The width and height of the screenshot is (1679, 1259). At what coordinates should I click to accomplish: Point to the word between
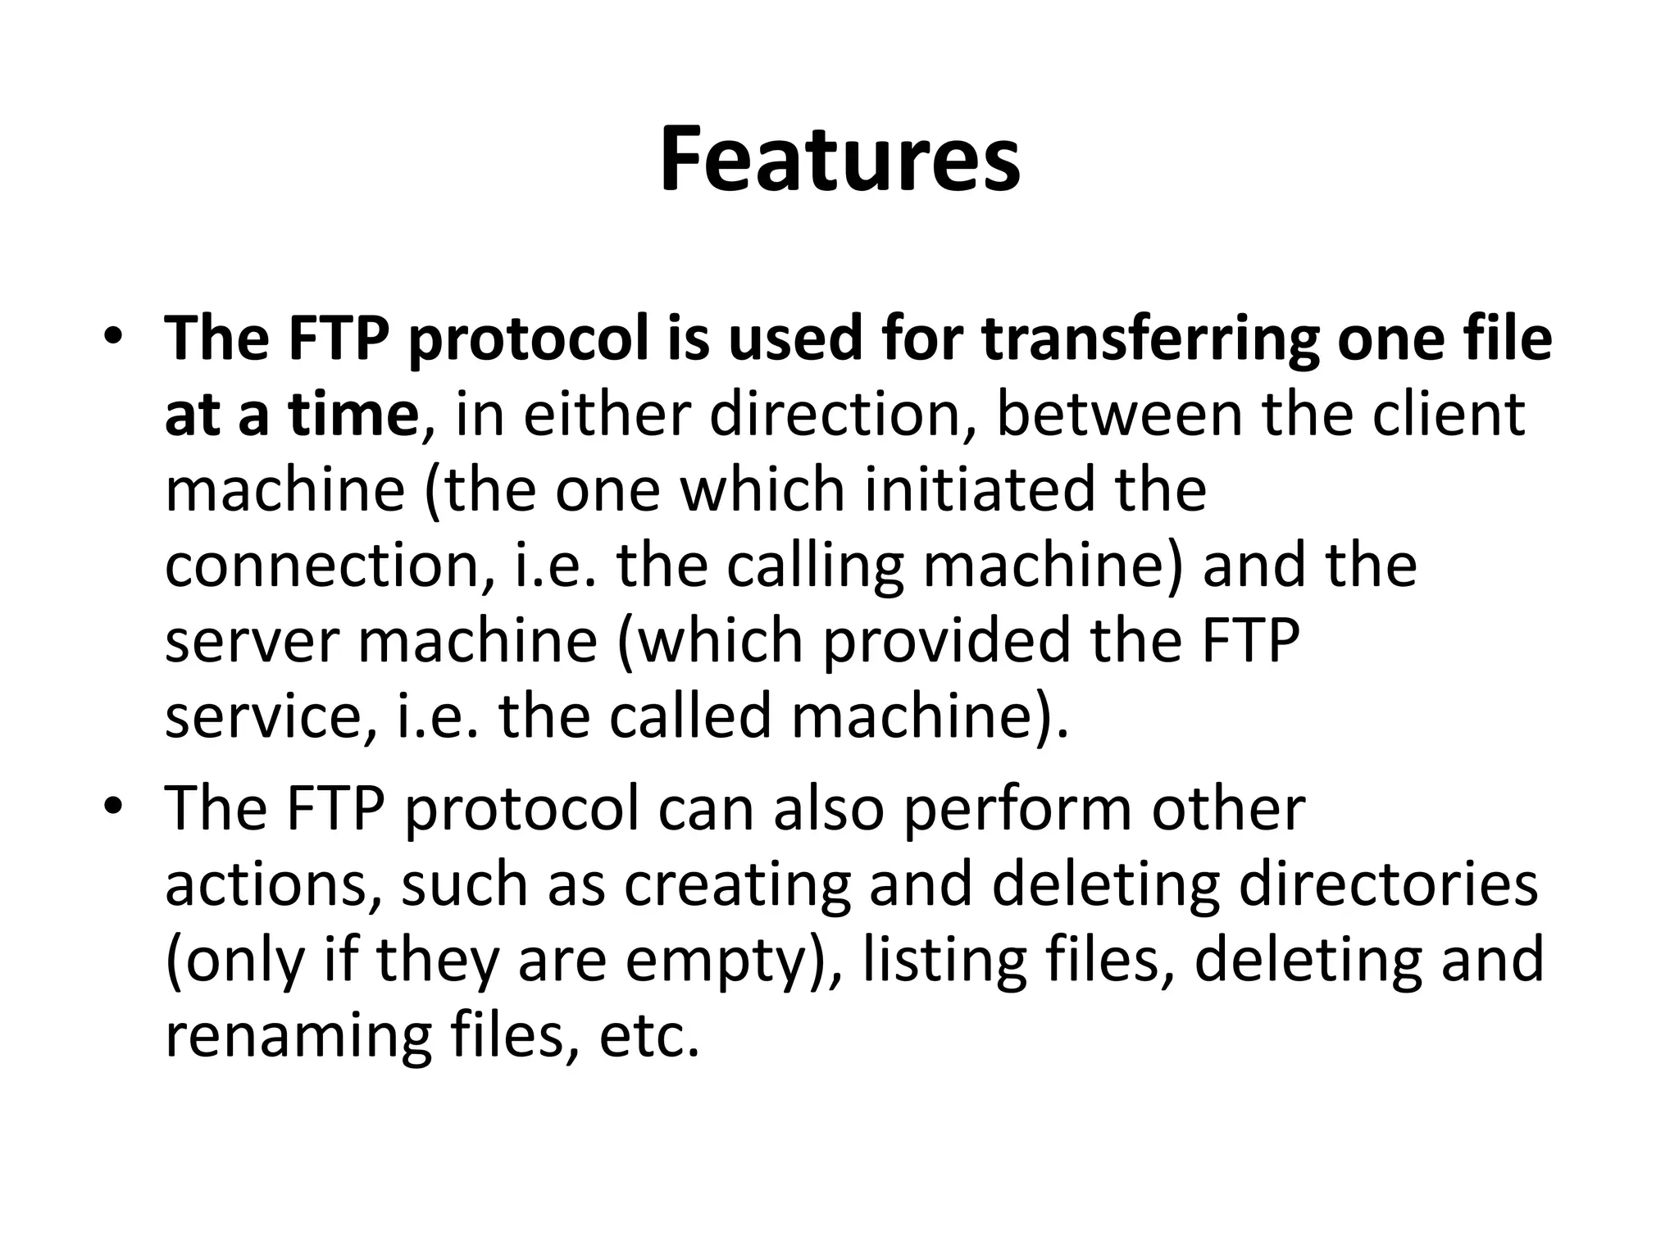click(1120, 415)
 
